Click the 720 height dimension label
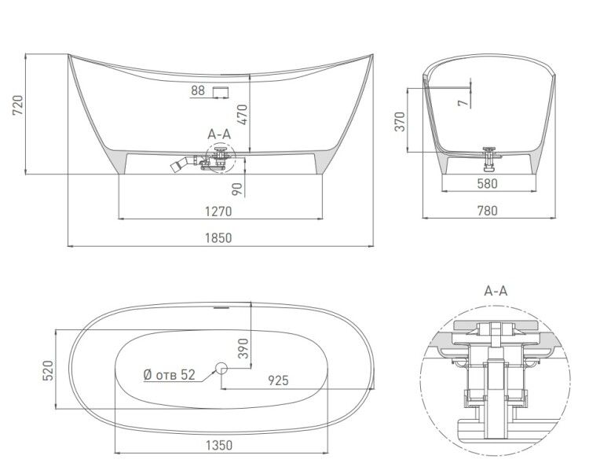pos(17,105)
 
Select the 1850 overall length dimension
pos(218,238)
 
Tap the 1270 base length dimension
pos(218,211)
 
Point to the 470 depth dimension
pos(243,115)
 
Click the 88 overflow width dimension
pos(198,90)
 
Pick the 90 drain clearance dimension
pos(237,189)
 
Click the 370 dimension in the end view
pos(401,121)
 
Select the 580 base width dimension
pos(487,184)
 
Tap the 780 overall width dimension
pos(487,211)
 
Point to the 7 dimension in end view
pos(463,103)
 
